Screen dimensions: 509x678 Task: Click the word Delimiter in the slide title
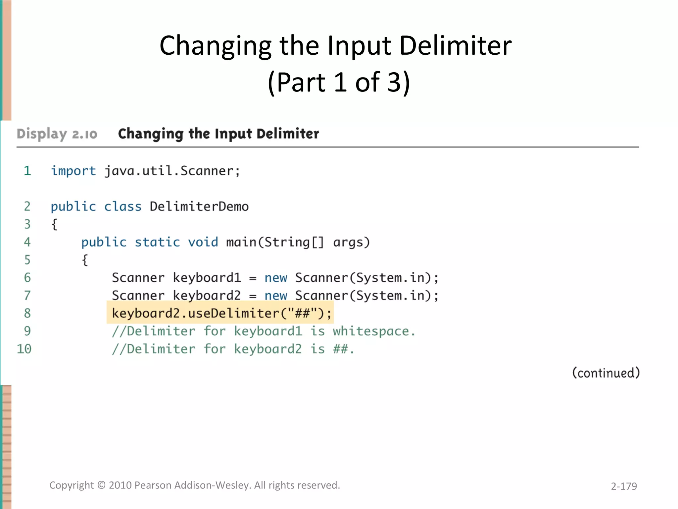point(456,46)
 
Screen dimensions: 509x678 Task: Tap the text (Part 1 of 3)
point(339,82)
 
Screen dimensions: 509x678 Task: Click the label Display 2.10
point(57,134)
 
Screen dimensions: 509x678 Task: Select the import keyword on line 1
point(73,171)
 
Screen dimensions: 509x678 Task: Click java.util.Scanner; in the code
point(172,171)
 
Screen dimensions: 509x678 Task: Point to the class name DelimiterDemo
point(199,206)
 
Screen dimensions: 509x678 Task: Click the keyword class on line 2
point(123,206)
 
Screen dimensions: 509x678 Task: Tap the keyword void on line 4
point(203,242)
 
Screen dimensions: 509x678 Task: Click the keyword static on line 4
point(157,242)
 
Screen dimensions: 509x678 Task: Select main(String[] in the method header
point(275,242)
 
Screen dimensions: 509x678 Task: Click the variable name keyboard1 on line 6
point(207,278)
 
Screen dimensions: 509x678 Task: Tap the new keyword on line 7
point(276,296)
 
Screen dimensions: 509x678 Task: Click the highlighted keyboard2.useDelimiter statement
point(221,313)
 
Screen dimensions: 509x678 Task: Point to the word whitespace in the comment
point(373,331)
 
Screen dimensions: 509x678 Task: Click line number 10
point(24,349)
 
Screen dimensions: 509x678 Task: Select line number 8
point(27,313)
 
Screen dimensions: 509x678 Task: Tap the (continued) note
point(606,373)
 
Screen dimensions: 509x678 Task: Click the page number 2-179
point(624,486)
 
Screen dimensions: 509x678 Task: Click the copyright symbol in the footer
point(101,485)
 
